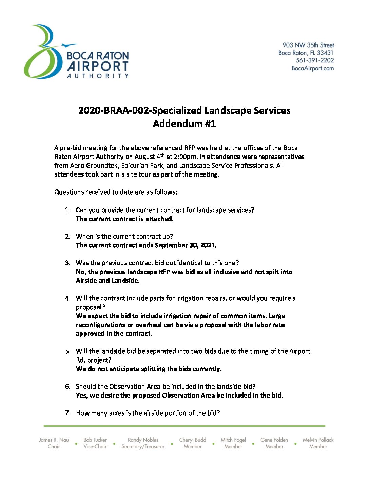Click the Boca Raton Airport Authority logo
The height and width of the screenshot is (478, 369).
point(76,52)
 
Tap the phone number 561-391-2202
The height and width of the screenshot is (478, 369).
point(315,60)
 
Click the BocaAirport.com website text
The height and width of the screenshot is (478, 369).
point(313,68)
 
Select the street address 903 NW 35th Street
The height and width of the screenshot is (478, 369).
point(308,45)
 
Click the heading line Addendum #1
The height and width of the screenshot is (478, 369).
point(184,124)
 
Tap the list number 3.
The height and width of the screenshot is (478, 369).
point(68,263)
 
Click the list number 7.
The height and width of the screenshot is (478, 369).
point(68,413)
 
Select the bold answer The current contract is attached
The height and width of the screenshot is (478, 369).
point(124,219)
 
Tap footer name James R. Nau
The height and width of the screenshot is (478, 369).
point(54,440)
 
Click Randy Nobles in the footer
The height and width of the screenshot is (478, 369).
point(143,440)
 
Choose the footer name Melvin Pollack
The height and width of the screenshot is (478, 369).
point(318,440)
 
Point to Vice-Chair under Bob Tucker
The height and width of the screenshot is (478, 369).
point(95,447)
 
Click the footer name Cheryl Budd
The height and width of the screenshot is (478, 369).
point(192,440)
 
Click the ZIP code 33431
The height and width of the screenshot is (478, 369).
point(325,53)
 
